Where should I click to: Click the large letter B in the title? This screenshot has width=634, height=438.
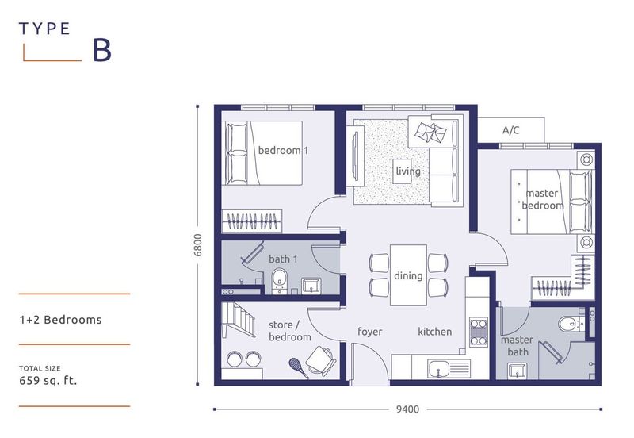coord(102,50)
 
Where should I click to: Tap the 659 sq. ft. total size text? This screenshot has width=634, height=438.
coord(48,380)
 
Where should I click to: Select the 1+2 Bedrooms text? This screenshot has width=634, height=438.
coord(61,321)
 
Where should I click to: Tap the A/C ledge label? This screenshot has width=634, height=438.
coord(511,130)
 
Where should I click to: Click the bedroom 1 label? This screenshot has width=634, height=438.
coord(283,151)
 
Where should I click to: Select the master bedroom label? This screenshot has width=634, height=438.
coord(542,199)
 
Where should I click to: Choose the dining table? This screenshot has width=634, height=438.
coord(408,275)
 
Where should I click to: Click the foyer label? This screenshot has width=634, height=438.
coord(370,332)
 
